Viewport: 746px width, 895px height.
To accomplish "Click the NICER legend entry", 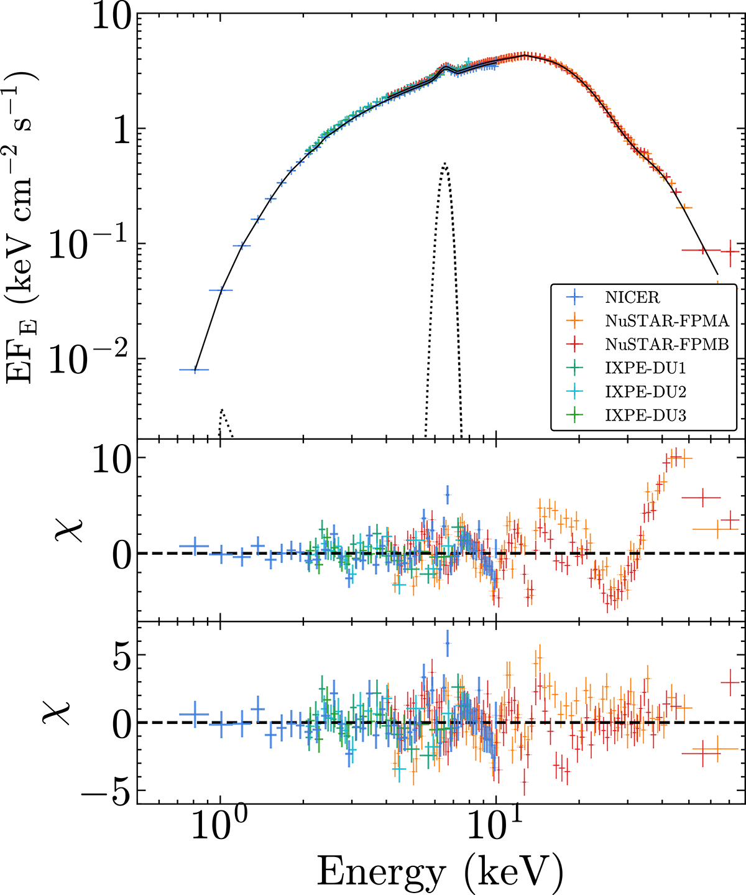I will (x=632, y=297).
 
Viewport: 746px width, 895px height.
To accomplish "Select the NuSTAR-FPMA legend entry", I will (x=666, y=321).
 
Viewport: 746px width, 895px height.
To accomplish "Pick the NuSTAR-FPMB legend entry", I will (x=666, y=345).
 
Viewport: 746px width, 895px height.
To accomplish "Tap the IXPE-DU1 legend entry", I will (x=645, y=368).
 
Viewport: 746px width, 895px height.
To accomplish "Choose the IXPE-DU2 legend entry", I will (x=645, y=392).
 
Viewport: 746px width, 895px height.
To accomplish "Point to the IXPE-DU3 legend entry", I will (x=645, y=415).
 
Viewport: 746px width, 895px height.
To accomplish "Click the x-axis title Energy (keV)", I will (x=440, y=871).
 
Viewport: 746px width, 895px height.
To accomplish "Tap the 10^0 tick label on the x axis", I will (x=219, y=828).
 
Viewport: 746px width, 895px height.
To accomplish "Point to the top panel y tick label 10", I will (x=111, y=15).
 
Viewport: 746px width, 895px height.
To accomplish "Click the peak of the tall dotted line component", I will (x=445, y=164).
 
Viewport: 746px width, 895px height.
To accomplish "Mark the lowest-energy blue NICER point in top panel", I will (x=195, y=369).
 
